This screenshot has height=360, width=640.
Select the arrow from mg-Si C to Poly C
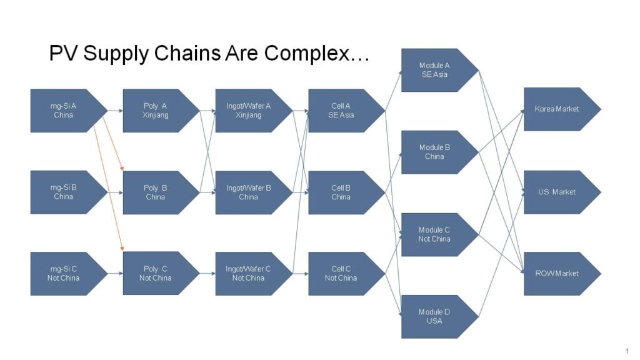coord(115,273)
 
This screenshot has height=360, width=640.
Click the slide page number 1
coord(627,351)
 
